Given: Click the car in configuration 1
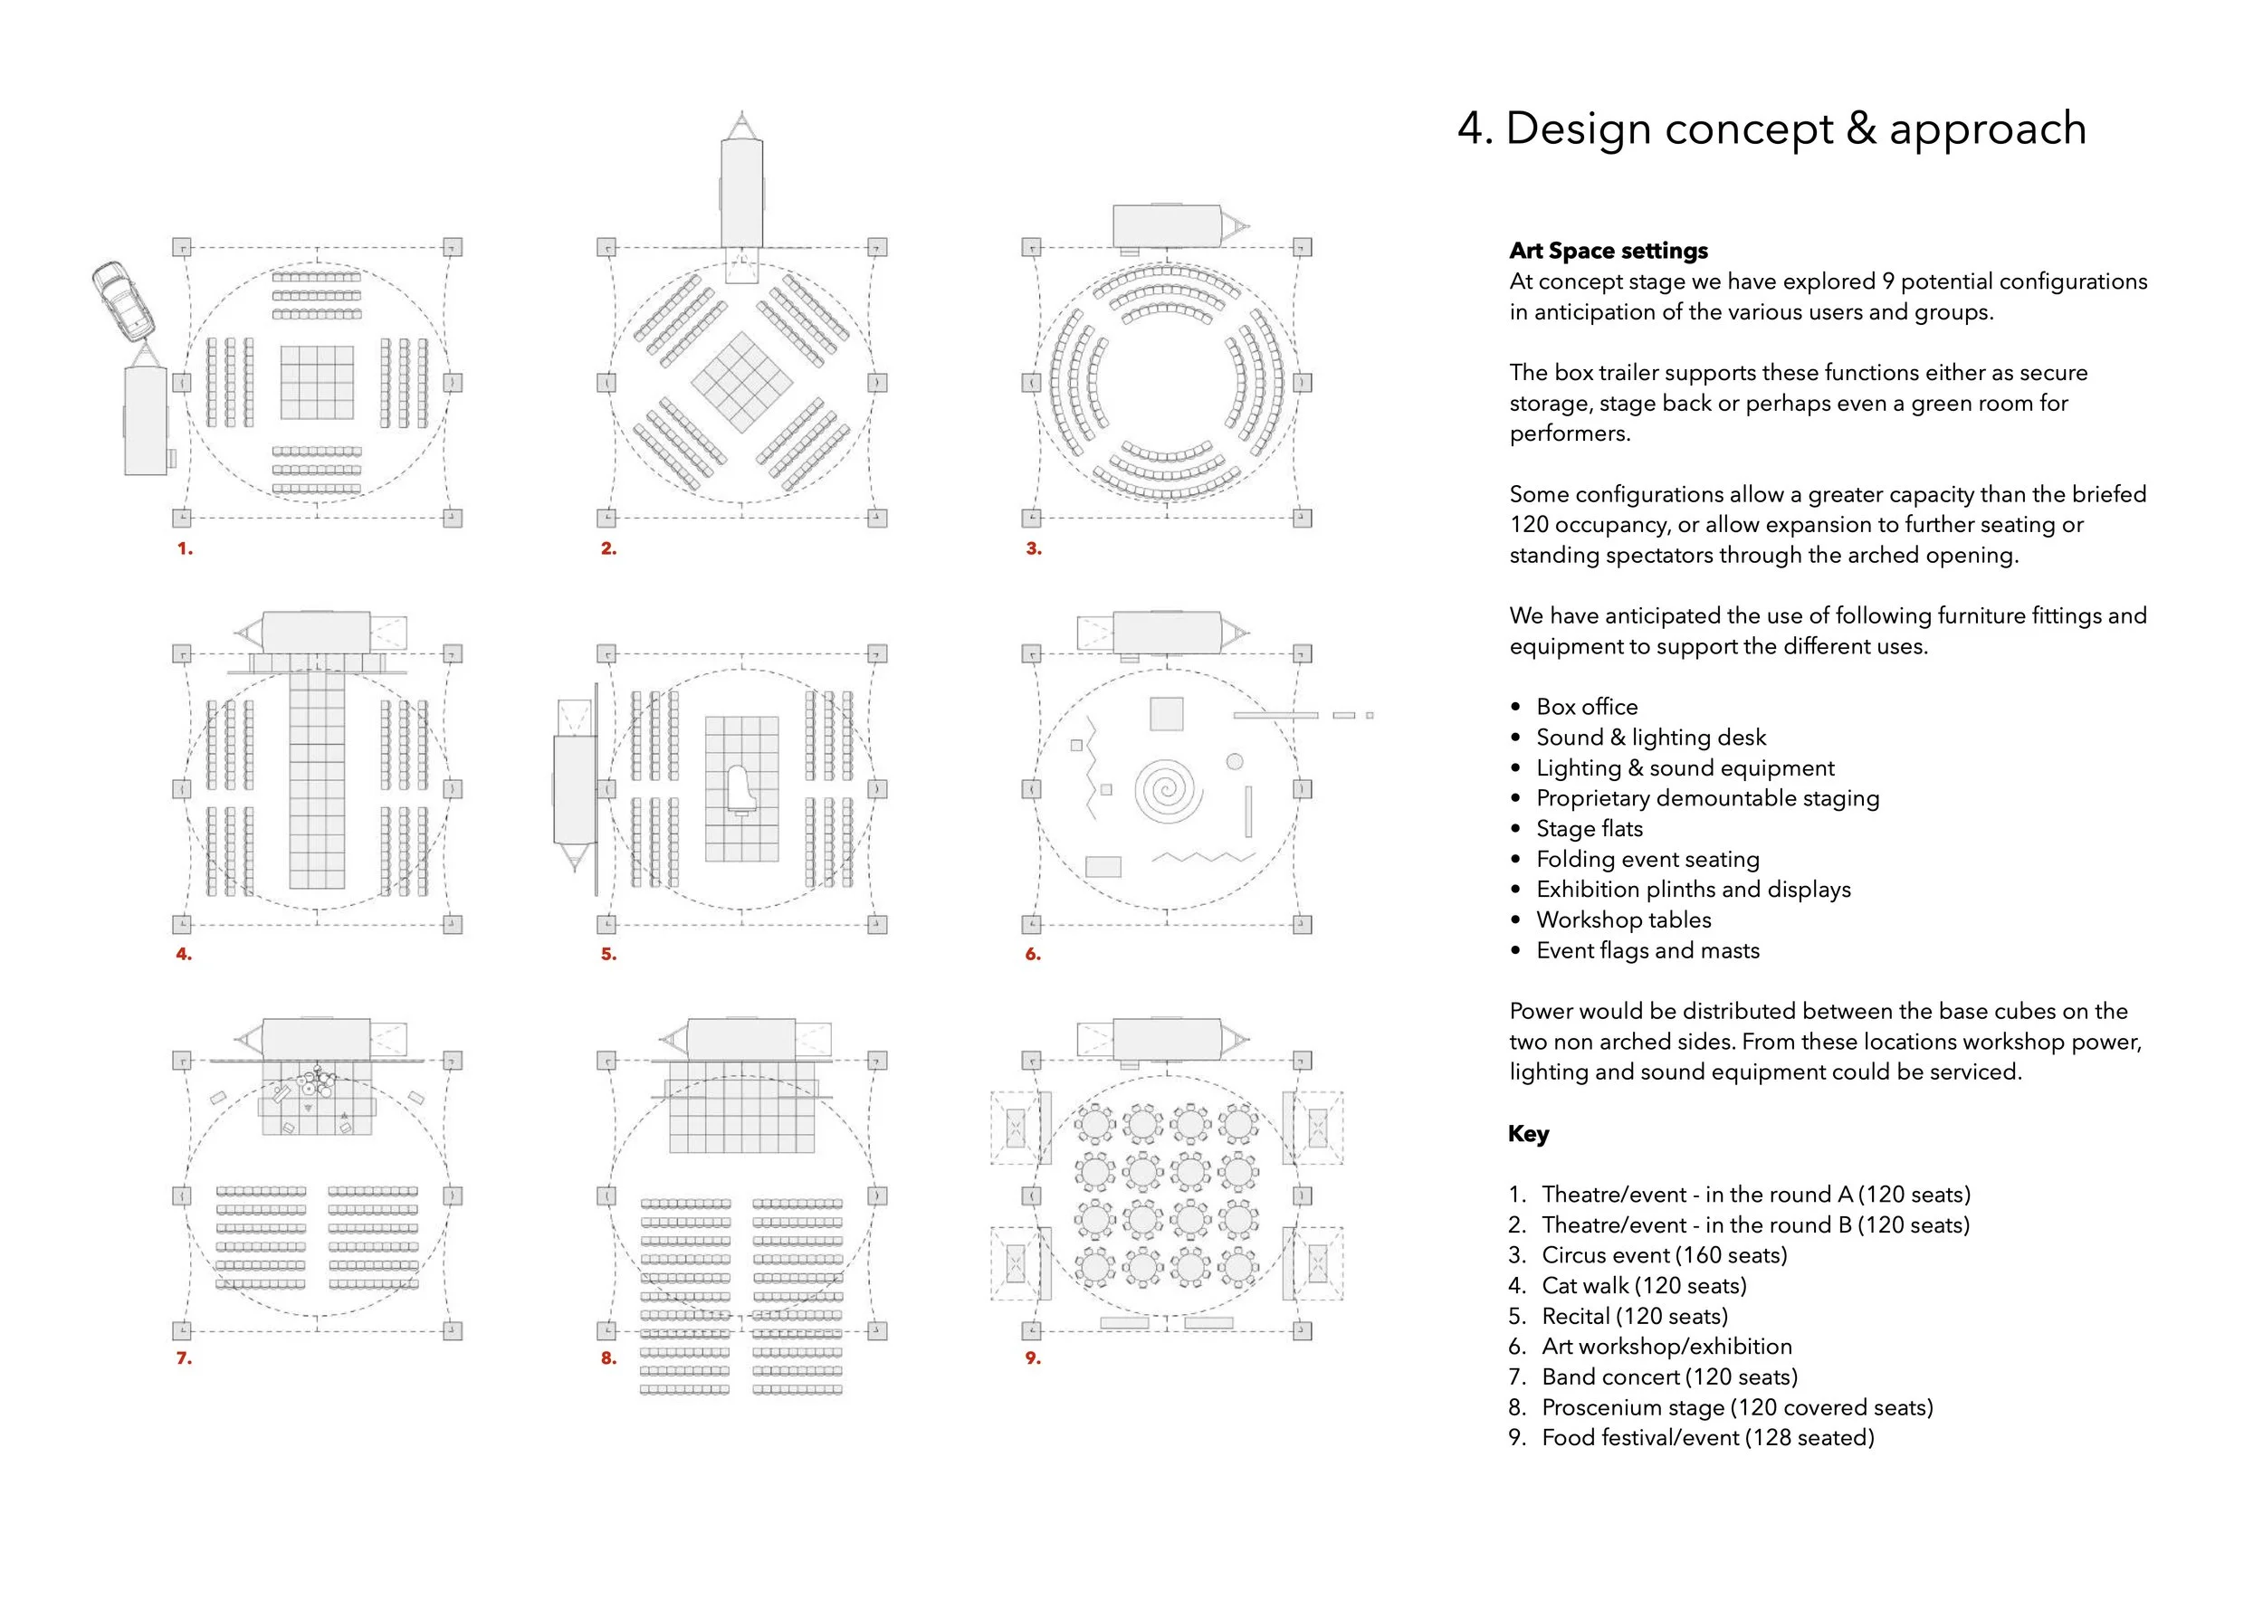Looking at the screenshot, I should pos(124,300).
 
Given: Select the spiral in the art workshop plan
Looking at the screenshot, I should pos(1168,790).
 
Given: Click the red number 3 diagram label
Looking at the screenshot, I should pos(1033,548).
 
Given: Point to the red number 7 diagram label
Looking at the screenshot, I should pos(184,1357).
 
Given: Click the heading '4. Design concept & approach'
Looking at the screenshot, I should pos(1771,129).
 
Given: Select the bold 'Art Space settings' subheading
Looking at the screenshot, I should pos(1609,251).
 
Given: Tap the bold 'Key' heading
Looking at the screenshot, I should pos(1528,1134).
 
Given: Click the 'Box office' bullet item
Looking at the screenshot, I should pos(1586,707).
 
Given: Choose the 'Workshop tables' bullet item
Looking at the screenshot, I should pos(1623,919).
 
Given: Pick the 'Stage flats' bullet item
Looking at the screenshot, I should pos(1589,829).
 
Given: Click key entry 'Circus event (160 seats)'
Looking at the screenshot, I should pos(1664,1255).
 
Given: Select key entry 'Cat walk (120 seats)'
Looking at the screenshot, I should pos(1644,1286).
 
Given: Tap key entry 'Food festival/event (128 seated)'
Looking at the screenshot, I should pos(1707,1437).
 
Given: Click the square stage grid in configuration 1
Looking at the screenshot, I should pos(317,382).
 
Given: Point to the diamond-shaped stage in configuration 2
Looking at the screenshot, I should pos(741,382).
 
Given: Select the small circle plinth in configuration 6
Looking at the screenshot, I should pos(1235,762).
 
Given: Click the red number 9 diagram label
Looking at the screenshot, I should pos(1033,1357).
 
